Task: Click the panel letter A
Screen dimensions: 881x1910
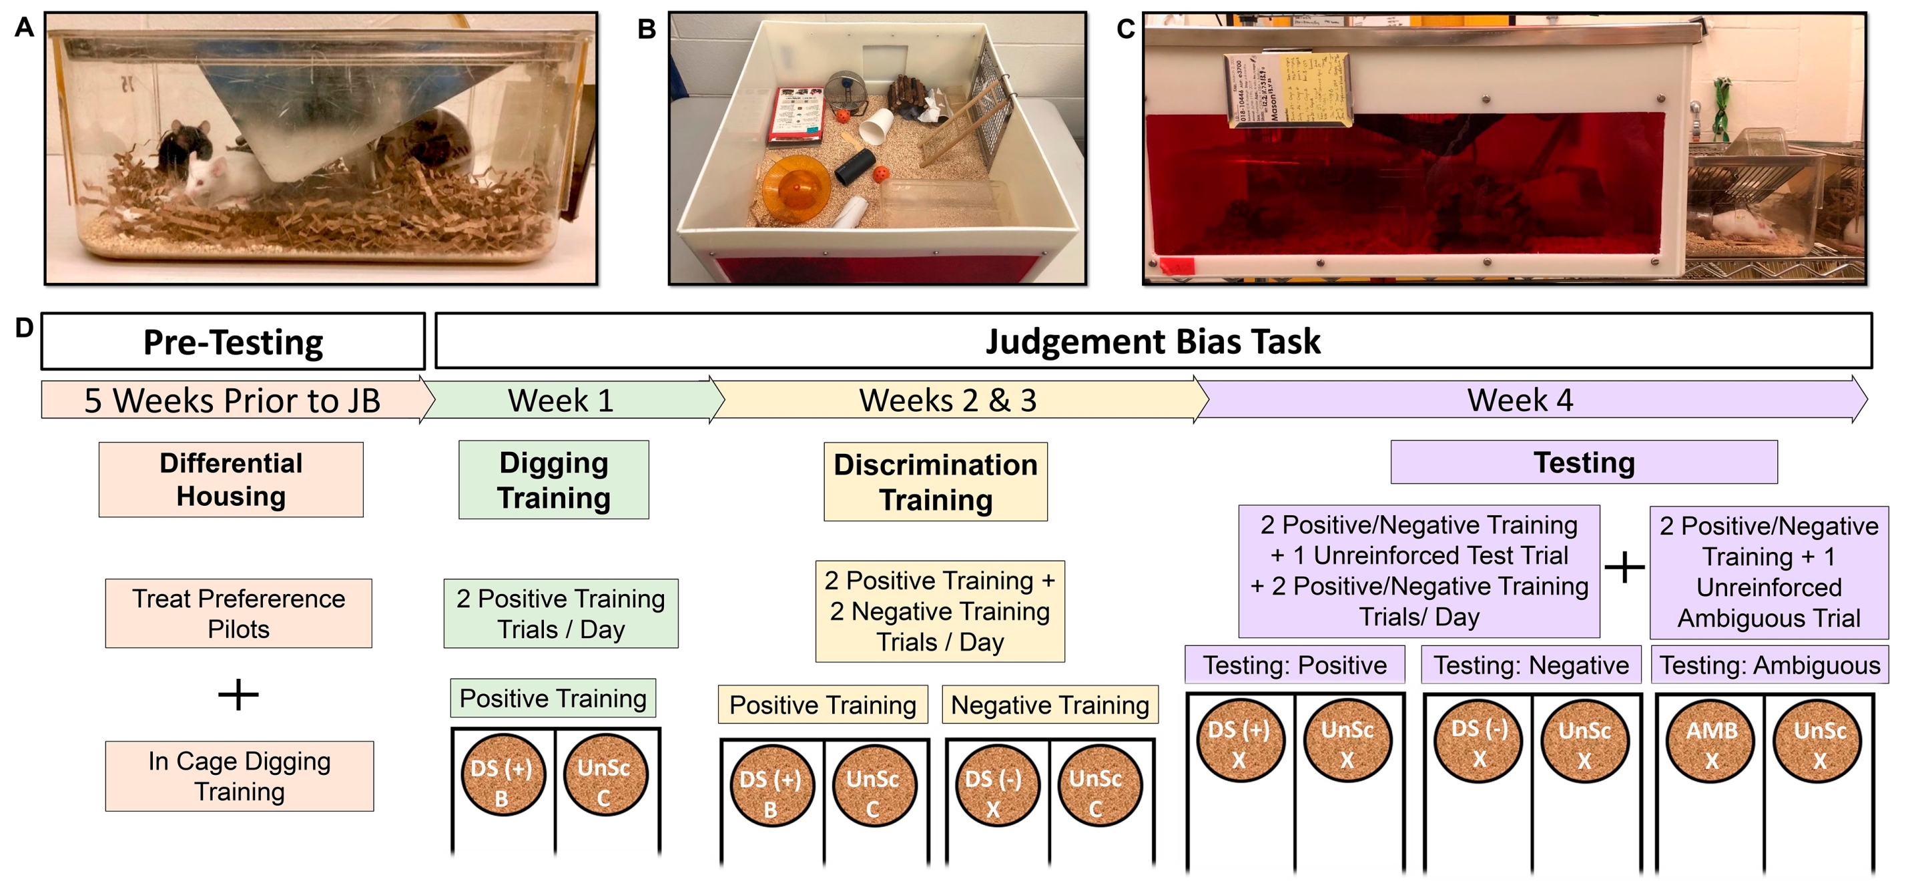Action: click(25, 27)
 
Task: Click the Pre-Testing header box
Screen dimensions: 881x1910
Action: click(233, 342)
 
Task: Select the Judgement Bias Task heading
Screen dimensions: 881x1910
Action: click(1153, 342)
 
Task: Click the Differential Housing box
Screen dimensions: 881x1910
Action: click(232, 480)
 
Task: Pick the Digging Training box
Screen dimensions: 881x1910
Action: click(554, 480)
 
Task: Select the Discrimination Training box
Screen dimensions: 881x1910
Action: click(936, 482)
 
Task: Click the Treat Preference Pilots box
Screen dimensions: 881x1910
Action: click(239, 613)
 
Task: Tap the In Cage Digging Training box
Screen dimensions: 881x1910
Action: click(240, 776)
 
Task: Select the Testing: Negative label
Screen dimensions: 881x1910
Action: click(1531, 665)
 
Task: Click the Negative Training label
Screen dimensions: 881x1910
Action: click(1050, 705)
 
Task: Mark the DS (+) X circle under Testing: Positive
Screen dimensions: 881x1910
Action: click(1239, 744)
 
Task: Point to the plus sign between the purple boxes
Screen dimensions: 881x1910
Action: click(1624, 569)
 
